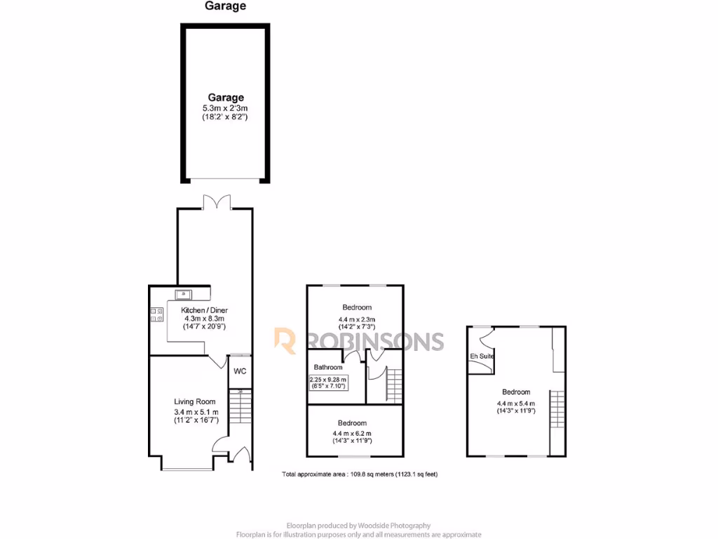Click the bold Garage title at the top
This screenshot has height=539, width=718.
225,6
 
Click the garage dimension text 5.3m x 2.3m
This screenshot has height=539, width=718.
225,108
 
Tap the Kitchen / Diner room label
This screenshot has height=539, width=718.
204,310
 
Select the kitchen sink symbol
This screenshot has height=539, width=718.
184,295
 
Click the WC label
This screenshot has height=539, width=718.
240,371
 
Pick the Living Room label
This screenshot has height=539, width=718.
195,402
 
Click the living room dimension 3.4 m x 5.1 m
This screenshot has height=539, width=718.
196,412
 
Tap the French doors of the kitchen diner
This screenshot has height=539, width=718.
215,203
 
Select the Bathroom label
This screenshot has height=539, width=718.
328,367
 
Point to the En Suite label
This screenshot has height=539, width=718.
482,357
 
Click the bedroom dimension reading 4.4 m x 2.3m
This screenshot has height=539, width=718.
357,317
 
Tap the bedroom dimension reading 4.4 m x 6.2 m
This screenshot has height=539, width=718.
352,433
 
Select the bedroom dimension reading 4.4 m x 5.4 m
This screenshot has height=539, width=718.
515,403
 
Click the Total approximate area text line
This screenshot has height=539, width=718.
360,474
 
